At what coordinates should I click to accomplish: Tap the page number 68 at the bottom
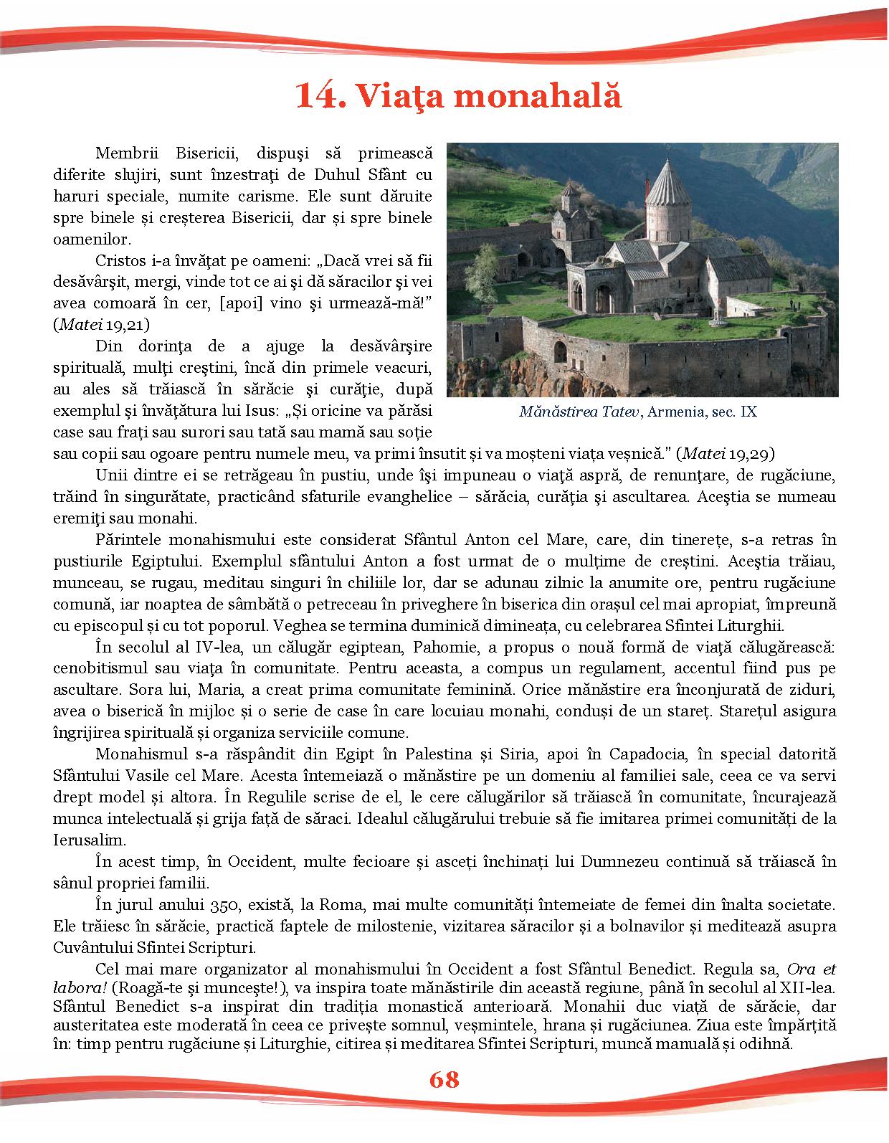444,1079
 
